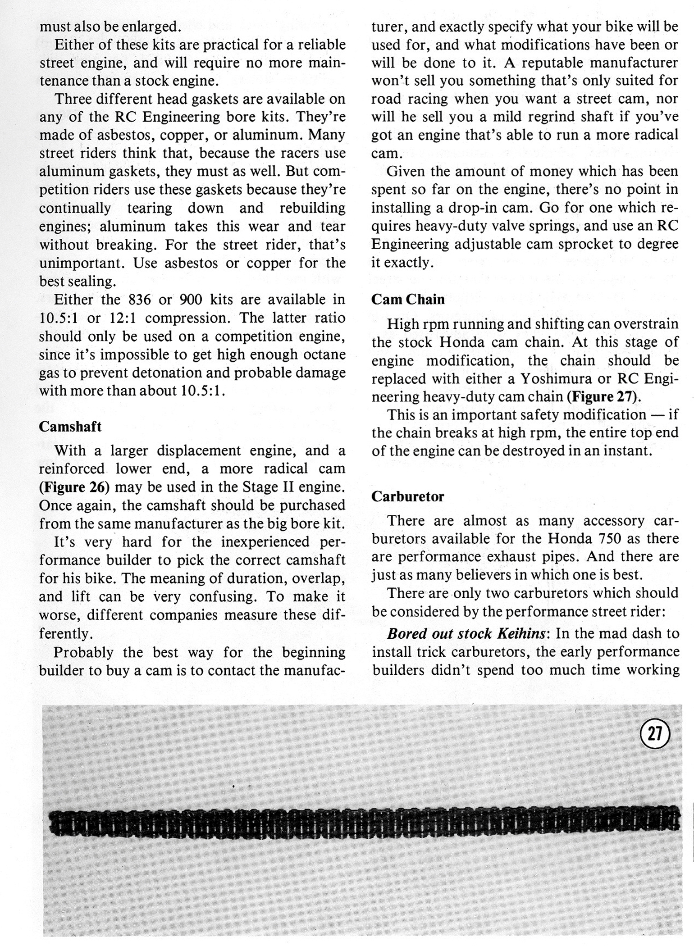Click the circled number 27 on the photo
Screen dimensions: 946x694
point(655,735)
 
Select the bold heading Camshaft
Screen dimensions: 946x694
point(70,427)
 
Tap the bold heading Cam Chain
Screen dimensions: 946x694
point(408,300)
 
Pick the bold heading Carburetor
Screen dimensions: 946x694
point(408,496)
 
